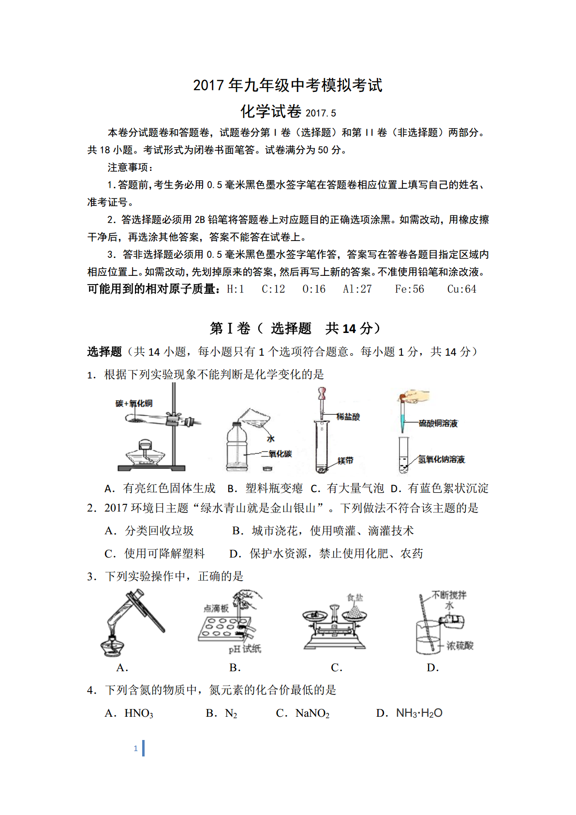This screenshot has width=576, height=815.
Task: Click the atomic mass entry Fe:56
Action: [409, 289]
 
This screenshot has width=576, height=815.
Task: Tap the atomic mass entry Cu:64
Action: [461, 289]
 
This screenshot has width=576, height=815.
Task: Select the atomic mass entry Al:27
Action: [357, 289]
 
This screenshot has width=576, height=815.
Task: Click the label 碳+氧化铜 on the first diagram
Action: [134, 403]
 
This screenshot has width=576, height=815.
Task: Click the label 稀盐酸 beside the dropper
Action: [348, 417]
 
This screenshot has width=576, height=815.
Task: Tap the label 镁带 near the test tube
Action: [345, 461]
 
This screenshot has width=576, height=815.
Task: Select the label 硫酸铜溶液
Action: [438, 423]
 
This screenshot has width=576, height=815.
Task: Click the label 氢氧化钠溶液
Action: [441, 459]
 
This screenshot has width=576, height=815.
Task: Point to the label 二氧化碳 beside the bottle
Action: [277, 454]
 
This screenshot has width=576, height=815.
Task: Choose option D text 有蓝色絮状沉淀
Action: [448, 488]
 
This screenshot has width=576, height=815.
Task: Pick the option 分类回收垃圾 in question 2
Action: [159, 531]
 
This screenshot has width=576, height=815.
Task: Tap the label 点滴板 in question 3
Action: [216, 608]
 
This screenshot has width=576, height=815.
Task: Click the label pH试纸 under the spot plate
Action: [245, 649]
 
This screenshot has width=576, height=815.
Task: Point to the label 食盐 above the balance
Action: [355, 598]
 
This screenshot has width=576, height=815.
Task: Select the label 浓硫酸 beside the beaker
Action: [459, 646]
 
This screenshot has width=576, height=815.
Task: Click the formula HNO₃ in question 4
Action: [139, 713]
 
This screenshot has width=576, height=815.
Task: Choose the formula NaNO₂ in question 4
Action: [312, 713]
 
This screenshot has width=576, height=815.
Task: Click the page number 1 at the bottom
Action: [136, 748]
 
